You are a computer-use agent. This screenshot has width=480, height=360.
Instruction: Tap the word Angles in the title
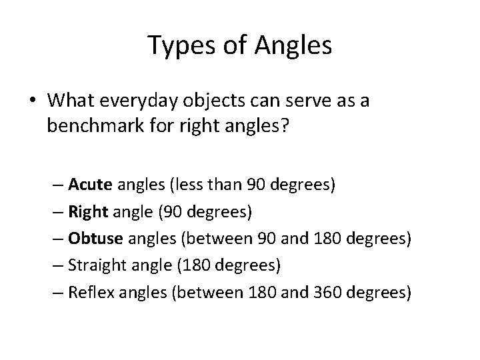click(x=293, y=46)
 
